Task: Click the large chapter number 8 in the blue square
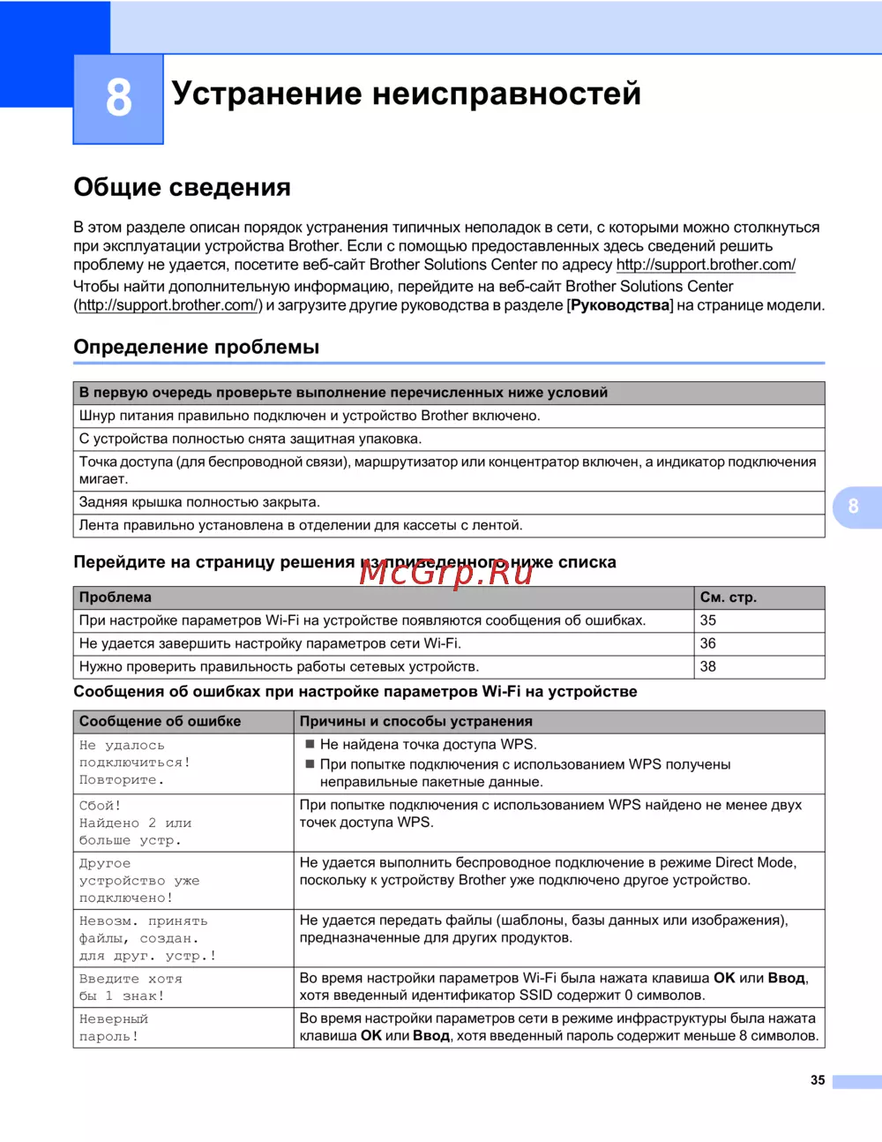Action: coord(118,97)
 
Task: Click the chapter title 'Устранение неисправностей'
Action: coord(406,93)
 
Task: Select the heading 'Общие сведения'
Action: coord(182,187)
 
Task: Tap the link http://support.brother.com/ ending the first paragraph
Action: coord(706,265)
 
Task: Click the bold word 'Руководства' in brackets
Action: coord(621,305)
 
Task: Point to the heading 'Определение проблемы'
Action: coord(196,347)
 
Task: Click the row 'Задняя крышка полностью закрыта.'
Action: coord(199,502)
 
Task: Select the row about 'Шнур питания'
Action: coord(309,416)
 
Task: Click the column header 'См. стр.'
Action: coord(728,597)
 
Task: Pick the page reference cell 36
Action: coord(708,643)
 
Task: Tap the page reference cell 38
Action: coord(708,666)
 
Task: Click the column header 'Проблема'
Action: coord(116,597)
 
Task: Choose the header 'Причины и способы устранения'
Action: coord(415,721)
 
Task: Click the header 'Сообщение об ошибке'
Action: coord(160,721)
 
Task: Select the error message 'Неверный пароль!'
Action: coord(114,1027)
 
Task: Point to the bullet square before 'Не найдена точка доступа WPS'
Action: coord(310,745)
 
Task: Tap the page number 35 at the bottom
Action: coord(818,1080)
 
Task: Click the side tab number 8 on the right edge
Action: coord(853,507)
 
